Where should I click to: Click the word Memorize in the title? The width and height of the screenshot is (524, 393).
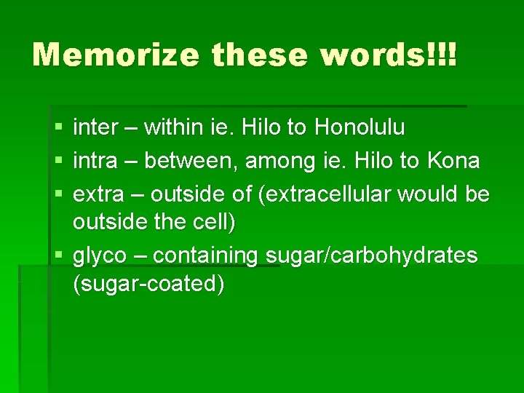tap(116, 55)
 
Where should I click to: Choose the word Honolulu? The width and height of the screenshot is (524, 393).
tap(360, 128)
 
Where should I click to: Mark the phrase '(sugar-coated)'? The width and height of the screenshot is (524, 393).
tap(148, 284)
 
